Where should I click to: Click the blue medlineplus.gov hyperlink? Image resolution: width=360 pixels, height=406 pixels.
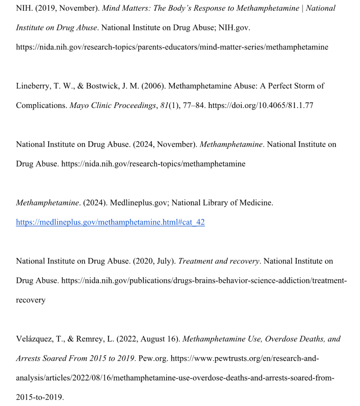[x=110, y=222]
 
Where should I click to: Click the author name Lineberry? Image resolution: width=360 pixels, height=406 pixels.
[x=32, y=86]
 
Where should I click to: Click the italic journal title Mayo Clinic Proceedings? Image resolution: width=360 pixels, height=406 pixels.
[x=112, y=106]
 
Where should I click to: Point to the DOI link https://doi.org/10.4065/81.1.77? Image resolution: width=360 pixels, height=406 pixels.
[x=260, y=106]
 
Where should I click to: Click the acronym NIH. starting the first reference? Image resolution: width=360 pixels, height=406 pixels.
[x=24, y=8]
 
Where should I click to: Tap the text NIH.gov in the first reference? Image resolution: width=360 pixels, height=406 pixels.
[x=234, y=28]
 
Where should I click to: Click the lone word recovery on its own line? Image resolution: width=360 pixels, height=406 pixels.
[x=31, y=300]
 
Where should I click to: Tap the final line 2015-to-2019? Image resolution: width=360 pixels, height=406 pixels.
[x=40, y=397]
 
